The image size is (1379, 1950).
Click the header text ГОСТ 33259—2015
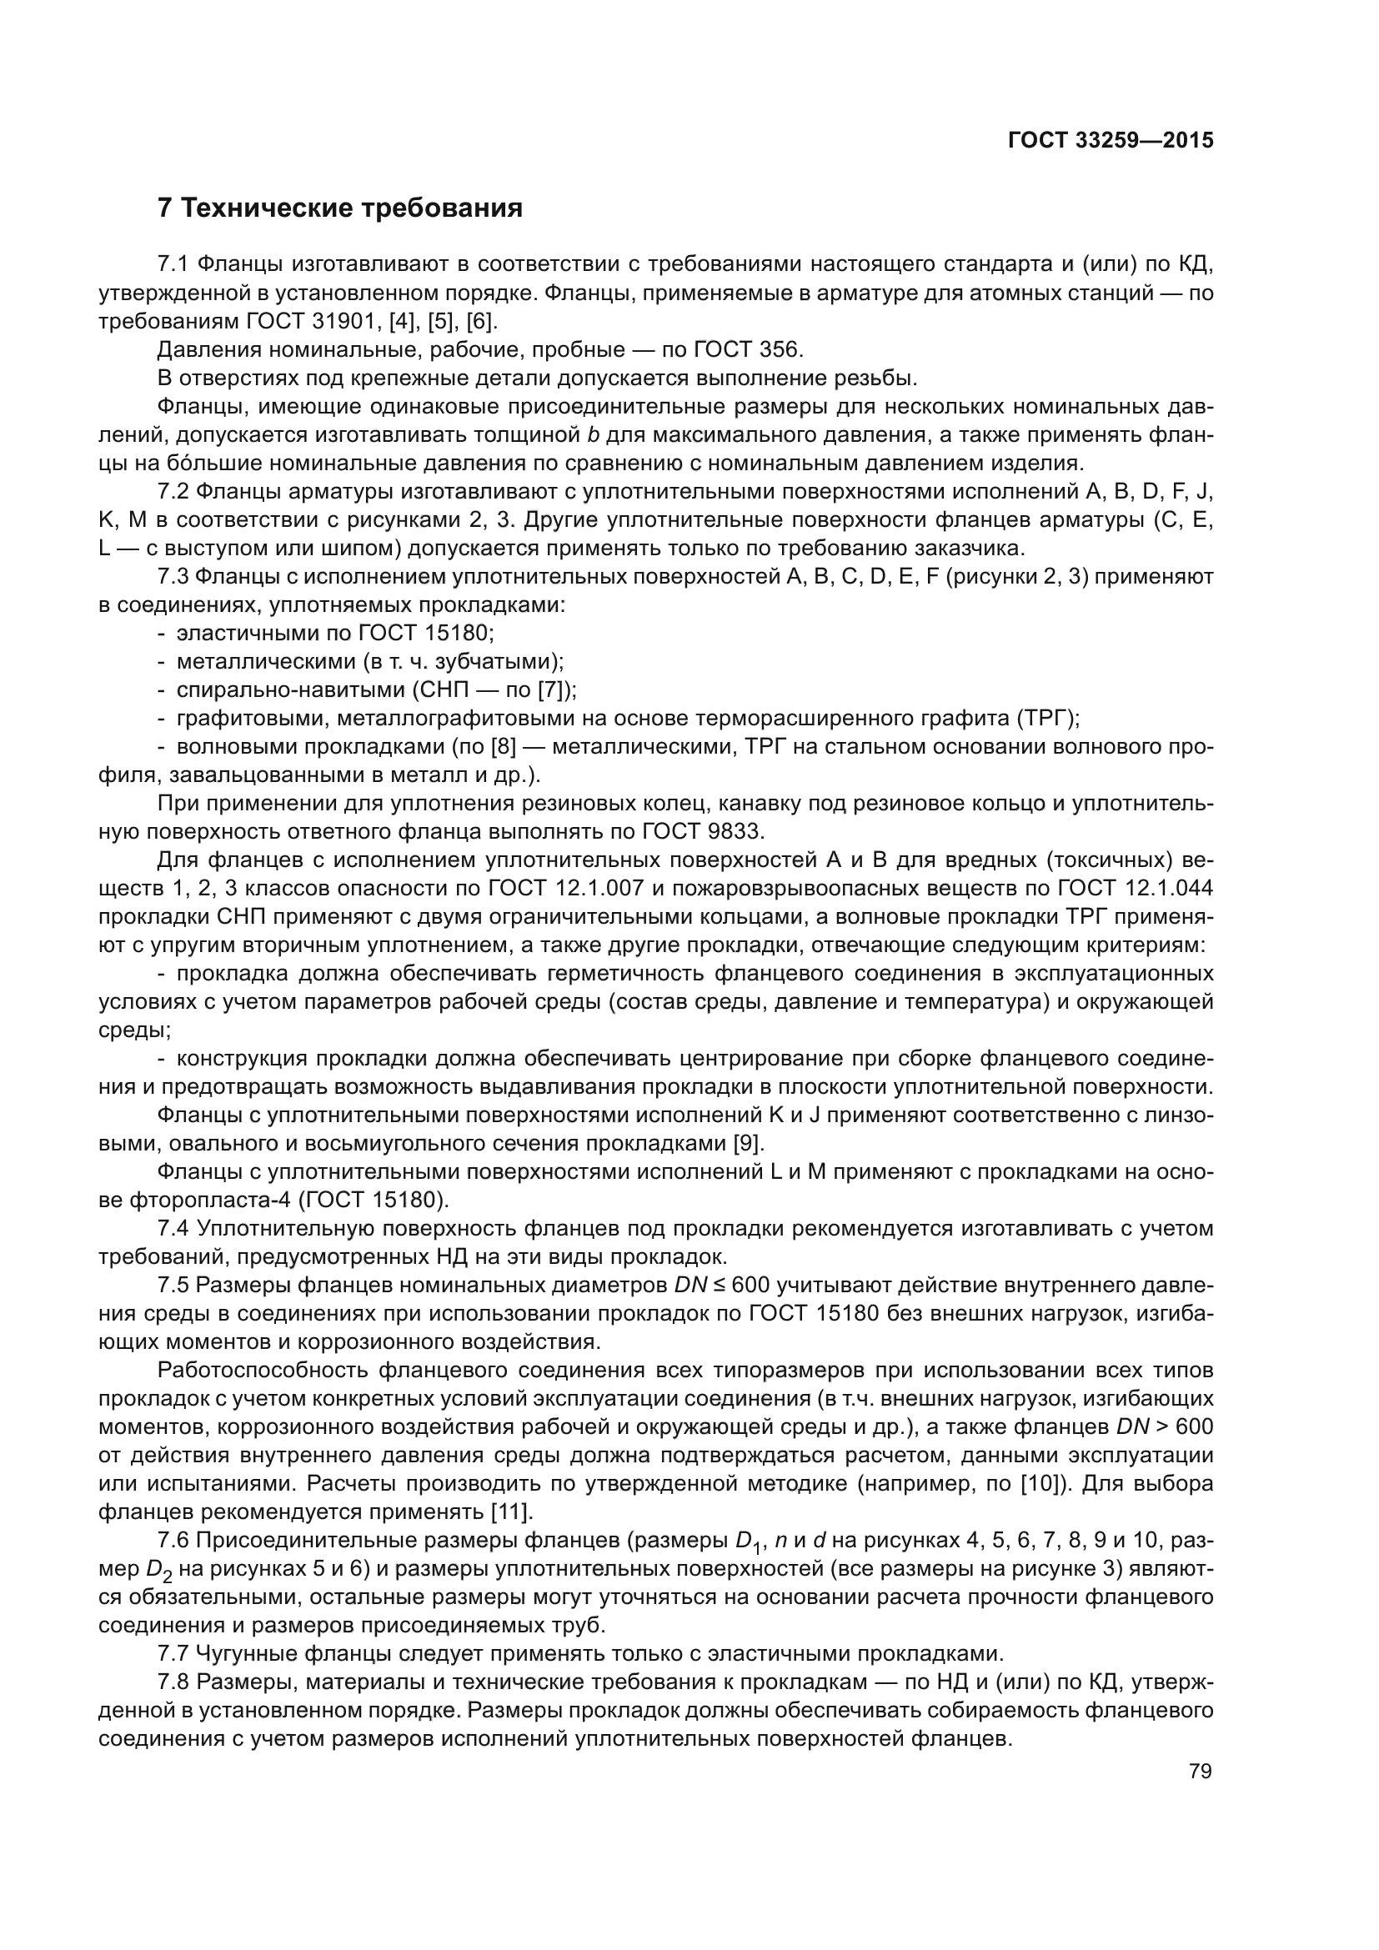point(1110,140)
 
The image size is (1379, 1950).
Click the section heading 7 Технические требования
point(339,208)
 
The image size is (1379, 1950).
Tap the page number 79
point(1201,1771)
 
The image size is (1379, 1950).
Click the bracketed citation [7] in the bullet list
point(551,689)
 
